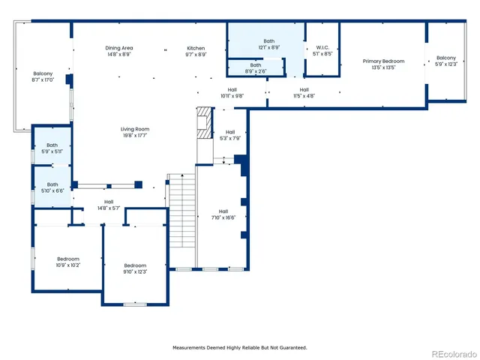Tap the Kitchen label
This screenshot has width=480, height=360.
coord(196,51)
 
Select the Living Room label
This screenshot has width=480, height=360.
coord(134,132)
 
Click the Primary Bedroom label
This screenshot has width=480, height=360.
coord(383,64)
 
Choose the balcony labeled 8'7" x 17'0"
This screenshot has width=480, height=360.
coord(43,76)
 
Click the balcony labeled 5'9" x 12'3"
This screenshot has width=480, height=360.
coord(445,61)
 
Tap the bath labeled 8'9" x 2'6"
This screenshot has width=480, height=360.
coord(256,68)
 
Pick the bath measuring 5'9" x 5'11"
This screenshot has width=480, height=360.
coord(52,148)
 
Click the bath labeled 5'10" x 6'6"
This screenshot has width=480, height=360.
coord(52,187)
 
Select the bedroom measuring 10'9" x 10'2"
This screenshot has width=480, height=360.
coord(67,261)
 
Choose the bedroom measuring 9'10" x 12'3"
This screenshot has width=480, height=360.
coord(135,268)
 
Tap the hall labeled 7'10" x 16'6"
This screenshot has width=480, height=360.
coord(223,214)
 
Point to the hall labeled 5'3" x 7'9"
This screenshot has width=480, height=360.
coord(230,135)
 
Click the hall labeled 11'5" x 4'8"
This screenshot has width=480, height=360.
coord(304,92)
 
